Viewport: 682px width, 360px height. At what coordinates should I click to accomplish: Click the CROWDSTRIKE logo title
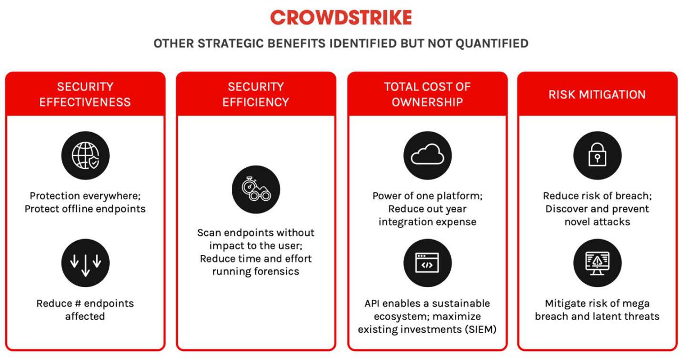tap(341, 18)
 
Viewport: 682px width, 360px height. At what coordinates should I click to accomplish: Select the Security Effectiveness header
tap(85, 94)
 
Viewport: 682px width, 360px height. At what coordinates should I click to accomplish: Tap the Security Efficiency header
tap(256, 94)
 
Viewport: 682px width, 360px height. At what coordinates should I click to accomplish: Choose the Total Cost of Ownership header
tap(427, 94)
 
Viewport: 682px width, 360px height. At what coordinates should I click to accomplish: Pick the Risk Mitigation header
tap(597, 94)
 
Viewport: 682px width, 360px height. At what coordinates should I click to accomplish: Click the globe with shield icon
tap(85, 156)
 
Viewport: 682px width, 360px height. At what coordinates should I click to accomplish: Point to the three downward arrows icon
tap(85, 263)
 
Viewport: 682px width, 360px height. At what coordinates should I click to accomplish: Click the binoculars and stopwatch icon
tap(256, 190)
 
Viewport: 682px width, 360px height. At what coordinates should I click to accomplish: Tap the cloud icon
tap(427, 156)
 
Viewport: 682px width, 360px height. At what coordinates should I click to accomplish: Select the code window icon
tap(427, 263)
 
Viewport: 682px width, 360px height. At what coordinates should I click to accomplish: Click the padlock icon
tap(597, 156)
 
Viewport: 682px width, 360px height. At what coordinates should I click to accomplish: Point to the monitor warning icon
tap(597, 263)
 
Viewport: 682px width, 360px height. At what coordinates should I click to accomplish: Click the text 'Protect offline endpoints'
tap(85, 209)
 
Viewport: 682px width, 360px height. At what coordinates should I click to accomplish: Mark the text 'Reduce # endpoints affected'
tap(85, 309)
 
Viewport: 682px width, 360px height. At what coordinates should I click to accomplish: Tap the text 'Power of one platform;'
tap(427, 195)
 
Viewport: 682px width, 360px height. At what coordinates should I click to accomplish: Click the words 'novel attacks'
tap(597, 222)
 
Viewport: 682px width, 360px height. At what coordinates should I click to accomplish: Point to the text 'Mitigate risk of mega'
tap(597, 303)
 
